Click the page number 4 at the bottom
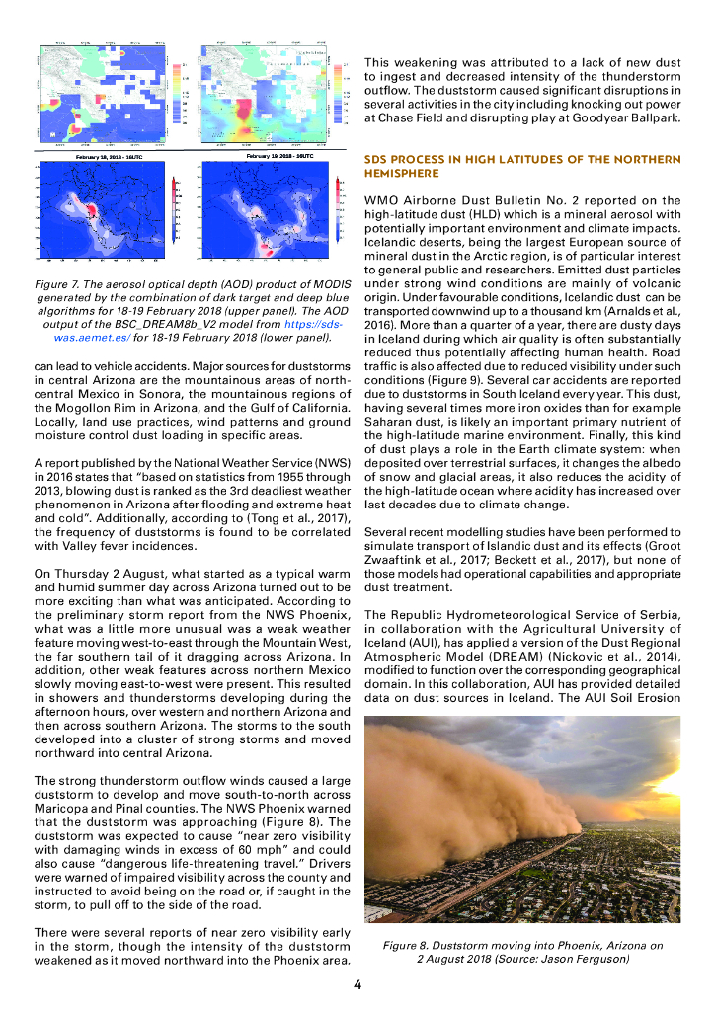pos(357,983)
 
